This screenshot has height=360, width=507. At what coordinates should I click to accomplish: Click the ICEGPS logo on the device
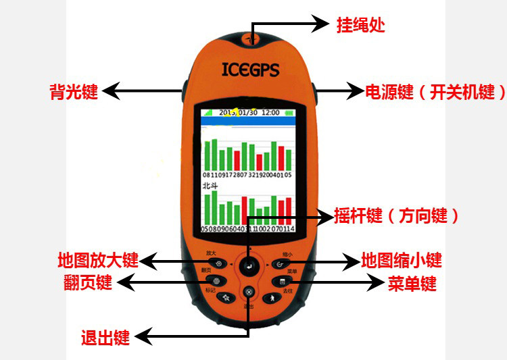click(x=250, y=68)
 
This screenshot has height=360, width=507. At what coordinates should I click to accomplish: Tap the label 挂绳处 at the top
click(x=360, y=26)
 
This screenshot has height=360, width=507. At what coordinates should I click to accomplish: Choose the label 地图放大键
click(x=98, y=260)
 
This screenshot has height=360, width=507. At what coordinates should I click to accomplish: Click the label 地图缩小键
click(x=402, y=260)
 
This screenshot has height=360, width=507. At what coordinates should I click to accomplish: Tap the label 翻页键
click(x=86, y=282)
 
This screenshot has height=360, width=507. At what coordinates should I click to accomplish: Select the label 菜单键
click(x=412, y=283)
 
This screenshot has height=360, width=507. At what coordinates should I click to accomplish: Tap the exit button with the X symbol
click(x=249, y=292)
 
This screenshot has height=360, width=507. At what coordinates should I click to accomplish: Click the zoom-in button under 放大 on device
click(x=218, y=264)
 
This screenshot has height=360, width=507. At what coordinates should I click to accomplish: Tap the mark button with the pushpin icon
click(x=227, y=297)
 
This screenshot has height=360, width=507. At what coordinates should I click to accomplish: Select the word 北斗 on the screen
click(x=210, y=183)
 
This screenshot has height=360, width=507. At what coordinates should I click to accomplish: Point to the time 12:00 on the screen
click(x=271, y=112)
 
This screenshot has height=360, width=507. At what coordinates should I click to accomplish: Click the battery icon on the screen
click(x=289, y=112)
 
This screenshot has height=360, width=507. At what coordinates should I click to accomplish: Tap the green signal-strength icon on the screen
click(x=208, y=112)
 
